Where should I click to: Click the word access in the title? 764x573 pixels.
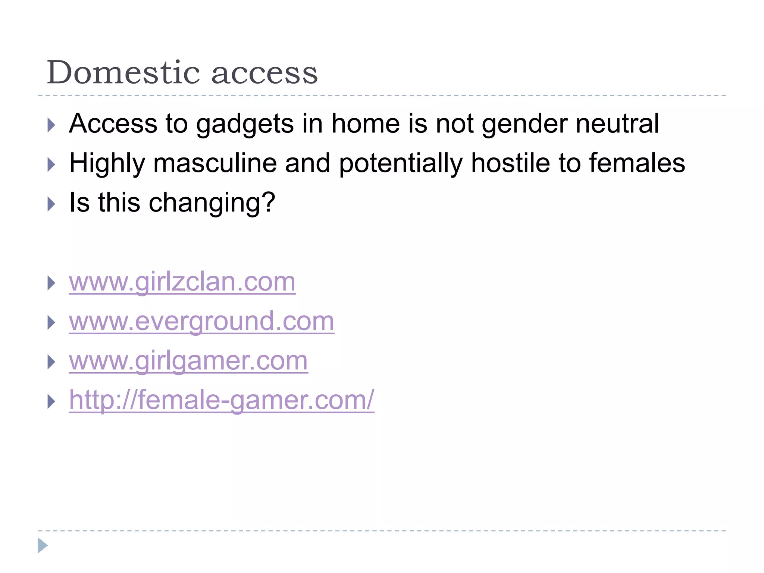pyautogui.click(x=264, y=73)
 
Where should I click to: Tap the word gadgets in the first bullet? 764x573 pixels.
pyautogui.click(x=245, y=124)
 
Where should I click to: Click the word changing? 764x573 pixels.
pyautogui.click(x=212, y=203)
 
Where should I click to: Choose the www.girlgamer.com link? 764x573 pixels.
pyautogui.click(x=188, y=361)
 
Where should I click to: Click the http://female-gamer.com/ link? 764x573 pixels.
pyautogui.click(x=222, y=400)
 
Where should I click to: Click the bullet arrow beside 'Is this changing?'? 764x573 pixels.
pyautogui.click(x=51, y=204)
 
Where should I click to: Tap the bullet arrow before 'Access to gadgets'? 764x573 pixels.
pyautogui.click(x=51, y=125)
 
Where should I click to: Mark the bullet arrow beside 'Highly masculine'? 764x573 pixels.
pyautogui.click(x=51, y=165)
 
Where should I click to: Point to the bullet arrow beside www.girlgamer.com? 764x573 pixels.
pyautogui.click(x=51, y=362)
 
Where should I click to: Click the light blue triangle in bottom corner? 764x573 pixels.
pyautogui.click(x=43, y=545)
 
